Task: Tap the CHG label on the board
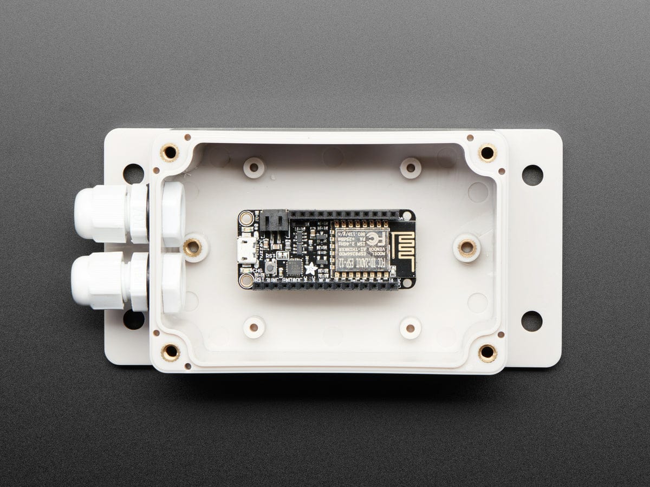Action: tap(258, 270)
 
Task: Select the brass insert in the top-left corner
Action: tap(170, 153)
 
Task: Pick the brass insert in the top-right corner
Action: tap(487, 153)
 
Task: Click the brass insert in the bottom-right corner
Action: tap(487, 352)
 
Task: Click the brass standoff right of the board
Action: tap(466, 248)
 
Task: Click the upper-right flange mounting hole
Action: tap(532, 175)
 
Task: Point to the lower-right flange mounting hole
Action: tap(531, 320)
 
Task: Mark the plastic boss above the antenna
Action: tap(411, 167)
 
